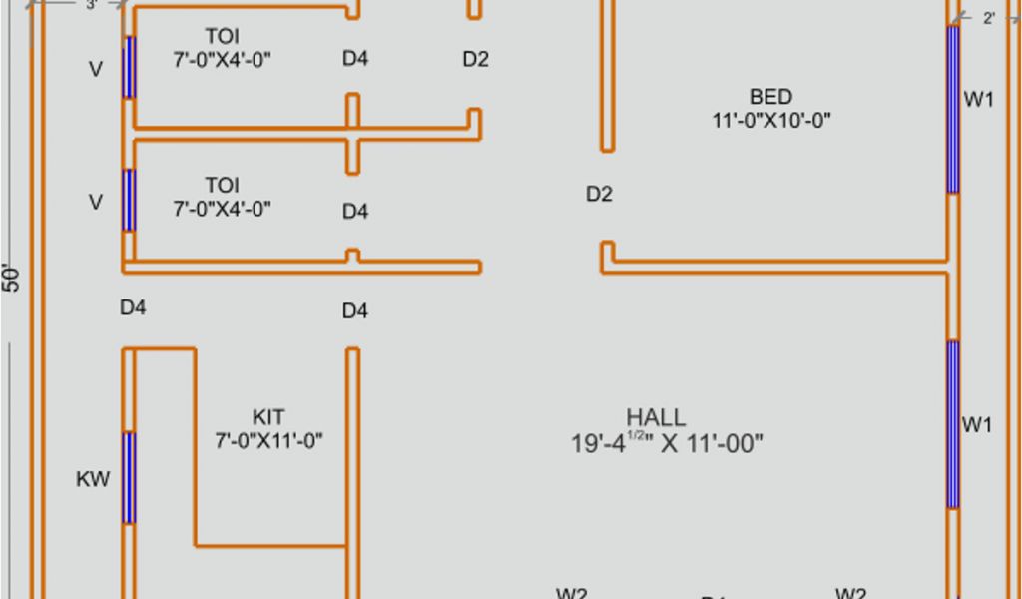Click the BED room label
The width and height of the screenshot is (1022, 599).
click(770, 97)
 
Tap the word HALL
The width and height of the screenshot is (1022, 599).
click(656, 417)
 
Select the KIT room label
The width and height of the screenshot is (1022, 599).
click(268, 416)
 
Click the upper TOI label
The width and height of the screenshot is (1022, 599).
click(222, 37)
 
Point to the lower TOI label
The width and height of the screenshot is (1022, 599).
click(222, 185)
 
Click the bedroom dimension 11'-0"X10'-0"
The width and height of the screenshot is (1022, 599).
click(770, 121)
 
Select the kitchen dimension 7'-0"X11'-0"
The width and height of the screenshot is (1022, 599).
click(268, 440)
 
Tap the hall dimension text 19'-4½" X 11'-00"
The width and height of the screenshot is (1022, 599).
click(667, 443)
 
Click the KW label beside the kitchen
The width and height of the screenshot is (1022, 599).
click(93, 480)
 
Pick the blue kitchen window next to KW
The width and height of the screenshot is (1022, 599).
click(128, 478)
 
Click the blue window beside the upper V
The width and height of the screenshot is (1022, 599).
click(128, 67)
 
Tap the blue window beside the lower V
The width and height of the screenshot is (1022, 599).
click(128, 201)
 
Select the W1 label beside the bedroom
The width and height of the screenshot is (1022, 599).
click(978, 99)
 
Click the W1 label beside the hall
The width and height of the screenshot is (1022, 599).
click(977, 425)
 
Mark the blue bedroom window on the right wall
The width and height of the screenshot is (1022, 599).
click(953, 110)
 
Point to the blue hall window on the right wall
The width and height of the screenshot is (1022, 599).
click(953, 424)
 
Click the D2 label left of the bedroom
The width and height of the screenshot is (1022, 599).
click(599, 194)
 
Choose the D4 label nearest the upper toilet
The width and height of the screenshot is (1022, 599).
click(355, 59)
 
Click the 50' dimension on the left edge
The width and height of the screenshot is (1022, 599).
click(11, 279)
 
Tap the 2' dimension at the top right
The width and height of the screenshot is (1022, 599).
click(988, 18)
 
